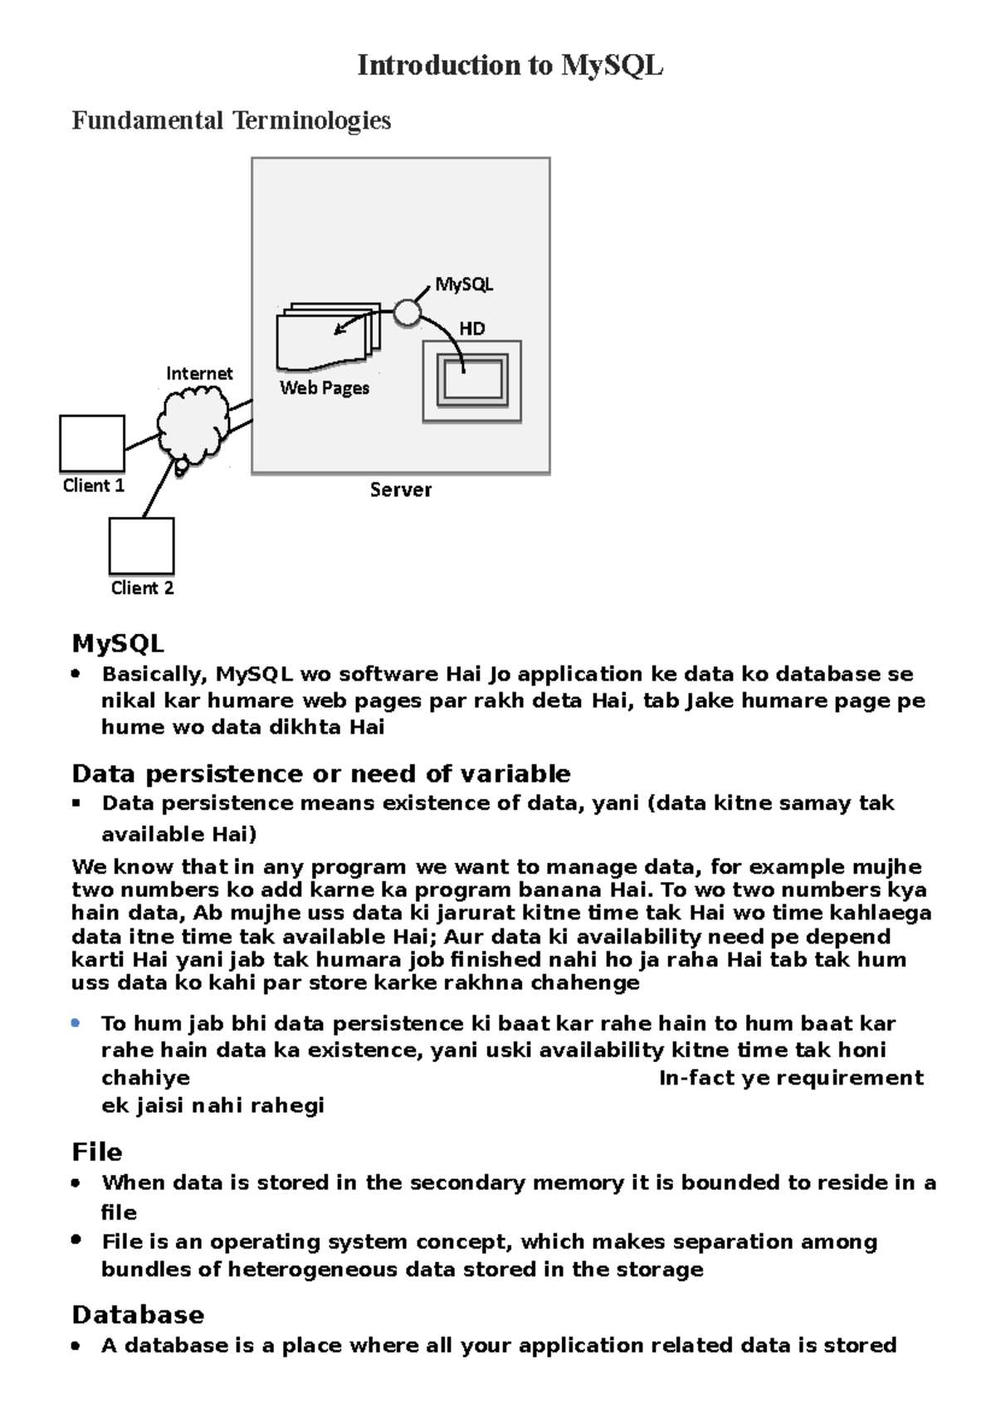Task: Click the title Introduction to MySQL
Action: coord(510,66)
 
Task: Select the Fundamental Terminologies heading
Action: coord(231,121)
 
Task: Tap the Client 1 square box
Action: coord(92,444)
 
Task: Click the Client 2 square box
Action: coord(141,546)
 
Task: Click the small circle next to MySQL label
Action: coord(407,312)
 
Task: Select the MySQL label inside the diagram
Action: coord(464,285)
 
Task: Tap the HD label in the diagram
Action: coord(471,329)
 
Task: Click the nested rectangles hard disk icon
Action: coord(472,382)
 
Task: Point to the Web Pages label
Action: coord(325,388)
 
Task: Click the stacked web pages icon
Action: coord(327,337)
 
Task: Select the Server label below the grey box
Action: coord(400,490)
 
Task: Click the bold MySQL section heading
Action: coord(118,643)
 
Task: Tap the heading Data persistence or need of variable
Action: coord(320,773)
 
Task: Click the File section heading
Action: coord(97,1152)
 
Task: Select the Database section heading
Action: coord(138,1314)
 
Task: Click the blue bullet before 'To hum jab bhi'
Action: coord(76,1023)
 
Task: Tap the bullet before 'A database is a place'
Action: coord(76,1346)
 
